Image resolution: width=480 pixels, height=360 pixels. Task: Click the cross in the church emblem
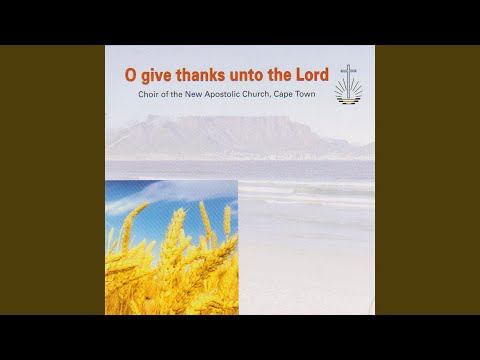click(x=347, y=75)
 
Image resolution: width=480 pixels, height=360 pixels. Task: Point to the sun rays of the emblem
click(x=347, y=93)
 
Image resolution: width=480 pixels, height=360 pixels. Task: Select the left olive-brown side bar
click(x=52, y=180)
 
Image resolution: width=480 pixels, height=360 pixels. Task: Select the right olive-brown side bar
click(x=427, y=180)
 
